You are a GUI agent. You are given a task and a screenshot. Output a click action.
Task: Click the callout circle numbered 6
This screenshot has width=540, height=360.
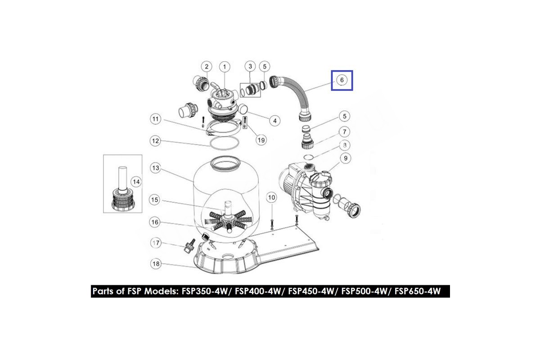pos(342,80)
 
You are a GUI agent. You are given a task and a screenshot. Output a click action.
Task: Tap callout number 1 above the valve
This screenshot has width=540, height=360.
pos(225,67)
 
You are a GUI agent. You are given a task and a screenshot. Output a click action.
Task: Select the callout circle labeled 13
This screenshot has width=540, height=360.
pos(156,168)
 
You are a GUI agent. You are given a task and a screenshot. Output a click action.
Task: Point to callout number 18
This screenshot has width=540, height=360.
pos(156,264)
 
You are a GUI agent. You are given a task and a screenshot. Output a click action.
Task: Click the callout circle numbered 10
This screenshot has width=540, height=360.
pos(271,198)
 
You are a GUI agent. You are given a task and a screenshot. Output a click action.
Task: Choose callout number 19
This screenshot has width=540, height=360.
pos(261,140)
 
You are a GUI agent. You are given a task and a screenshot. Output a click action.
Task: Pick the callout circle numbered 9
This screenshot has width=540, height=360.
pos(346,158)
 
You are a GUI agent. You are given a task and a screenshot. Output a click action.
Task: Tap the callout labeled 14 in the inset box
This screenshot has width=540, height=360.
pos(136,182)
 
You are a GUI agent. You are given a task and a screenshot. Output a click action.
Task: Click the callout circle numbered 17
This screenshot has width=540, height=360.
pos(156,243)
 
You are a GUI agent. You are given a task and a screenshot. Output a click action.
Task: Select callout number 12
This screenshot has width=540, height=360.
pos(156,141)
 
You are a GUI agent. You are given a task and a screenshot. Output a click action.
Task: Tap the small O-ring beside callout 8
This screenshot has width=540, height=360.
pos(308,157)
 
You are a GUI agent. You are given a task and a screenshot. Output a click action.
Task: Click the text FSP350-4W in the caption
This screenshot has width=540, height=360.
pos(205,291)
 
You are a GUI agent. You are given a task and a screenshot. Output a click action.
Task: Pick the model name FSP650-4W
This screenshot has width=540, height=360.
pos(418,291)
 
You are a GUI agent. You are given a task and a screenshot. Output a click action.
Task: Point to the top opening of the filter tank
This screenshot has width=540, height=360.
pos(226,163)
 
